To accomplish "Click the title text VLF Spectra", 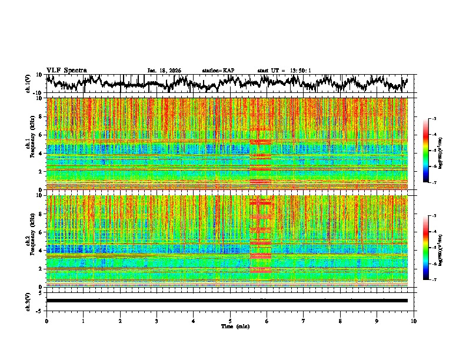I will click(66, 71).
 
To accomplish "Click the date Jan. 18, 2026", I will click(164, 71).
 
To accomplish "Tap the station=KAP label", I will click(218, 71).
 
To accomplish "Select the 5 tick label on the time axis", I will click(230, 321).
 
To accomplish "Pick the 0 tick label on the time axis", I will click(46, 321).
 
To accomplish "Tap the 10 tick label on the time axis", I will click(414, 321).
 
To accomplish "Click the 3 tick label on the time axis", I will click(157, 321).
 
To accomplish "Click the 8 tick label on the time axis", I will click(340, 321).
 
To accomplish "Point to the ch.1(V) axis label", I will click(29, 84).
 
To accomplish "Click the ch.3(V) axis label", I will click(29, 301).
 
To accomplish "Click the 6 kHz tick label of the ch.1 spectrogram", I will click(41, 135).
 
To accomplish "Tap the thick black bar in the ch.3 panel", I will click(227, 301).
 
